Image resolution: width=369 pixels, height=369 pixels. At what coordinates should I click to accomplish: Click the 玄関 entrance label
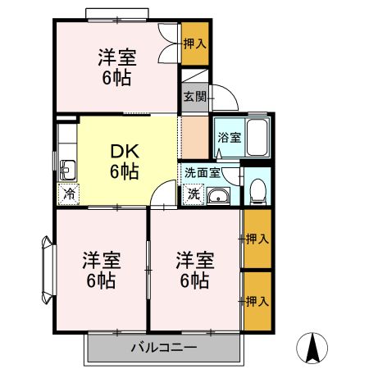pyautogui.click(x=194, y=97)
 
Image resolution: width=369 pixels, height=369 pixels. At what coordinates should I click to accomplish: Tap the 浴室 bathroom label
pyautogui.click(x=229, y=138)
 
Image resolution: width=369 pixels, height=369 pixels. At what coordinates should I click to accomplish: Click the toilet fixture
pyautogui.click(x=257, y=189)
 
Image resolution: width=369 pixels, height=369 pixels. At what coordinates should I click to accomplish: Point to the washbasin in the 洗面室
pyautogui.click(x=219, y=195)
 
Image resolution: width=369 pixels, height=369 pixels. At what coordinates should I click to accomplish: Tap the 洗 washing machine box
pyautogui.click(x=194, y=195)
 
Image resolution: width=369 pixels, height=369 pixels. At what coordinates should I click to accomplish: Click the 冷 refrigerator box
pyautogui.click(x=68, y=194)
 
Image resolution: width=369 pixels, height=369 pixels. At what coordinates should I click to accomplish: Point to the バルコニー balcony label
pyautogui.click(x=164, y=347)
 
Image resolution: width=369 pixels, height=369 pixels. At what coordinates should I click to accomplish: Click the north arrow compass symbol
pyautogui.click(x=312, y=348)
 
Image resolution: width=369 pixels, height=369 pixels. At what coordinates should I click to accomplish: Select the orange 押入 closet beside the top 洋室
pyautogui.click(x=194, y=43)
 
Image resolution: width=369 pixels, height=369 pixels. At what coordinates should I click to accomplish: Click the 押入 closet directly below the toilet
pyautogui.click(x=257, y=239)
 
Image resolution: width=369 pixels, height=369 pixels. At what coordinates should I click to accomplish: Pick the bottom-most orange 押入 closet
pyautogui.click(x=257, y=301)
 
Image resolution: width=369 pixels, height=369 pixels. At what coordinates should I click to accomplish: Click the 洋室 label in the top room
pyautogui.click(x=116, y=58)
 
